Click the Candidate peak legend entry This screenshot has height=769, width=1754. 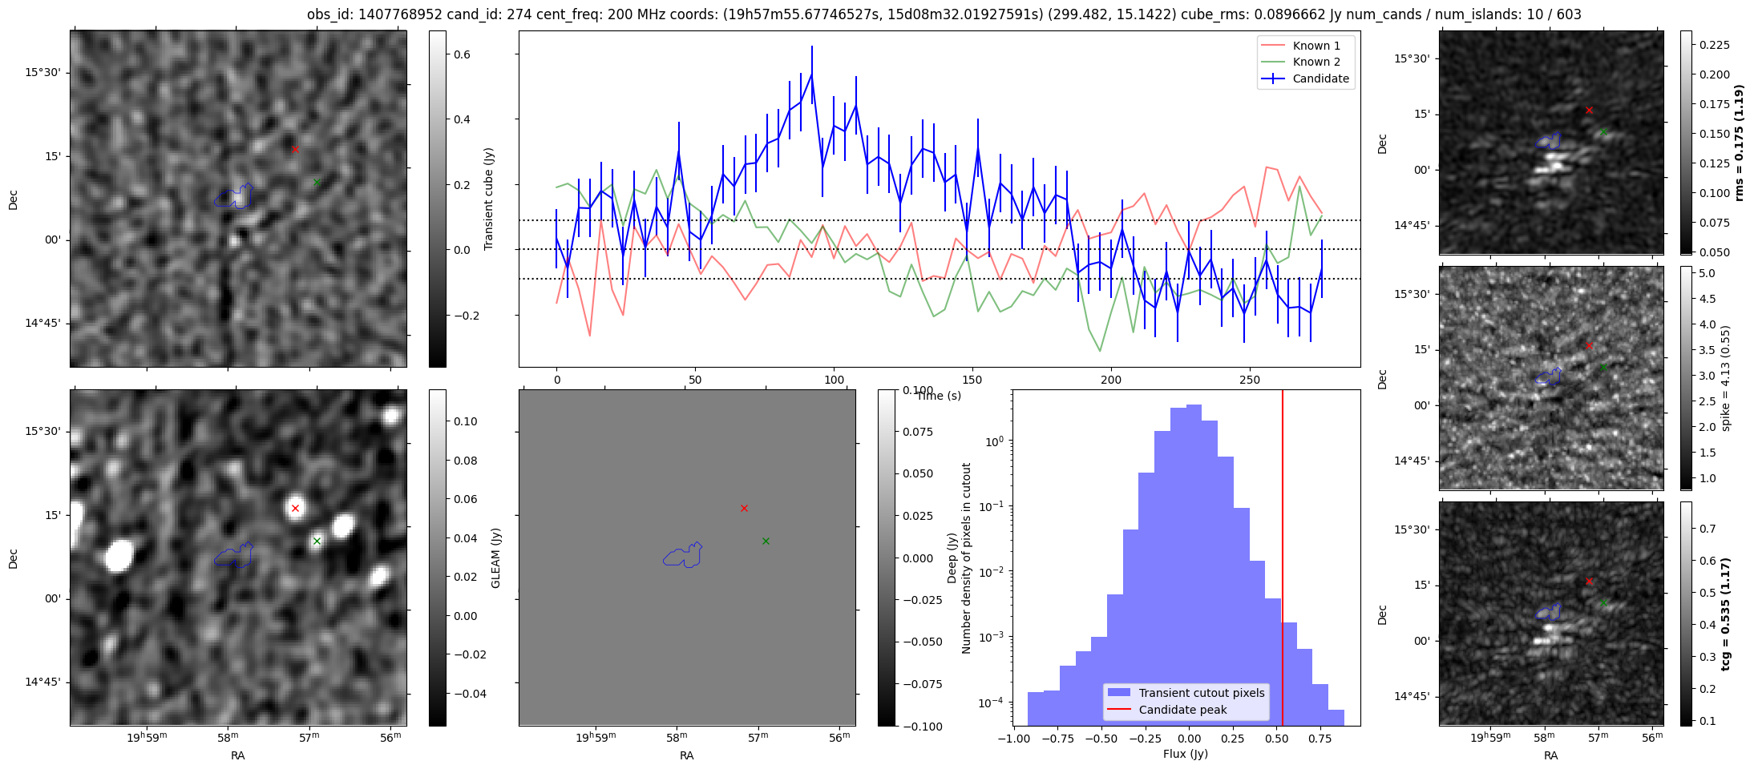pyautogui.click(x=1182, y=710)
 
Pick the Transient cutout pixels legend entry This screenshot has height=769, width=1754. pyautogui.click(x=1201, y=693)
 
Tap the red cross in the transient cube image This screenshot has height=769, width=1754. pyautogui.click(x=295, y=149)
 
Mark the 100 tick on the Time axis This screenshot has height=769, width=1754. pyautogui.click(x=835, y=380)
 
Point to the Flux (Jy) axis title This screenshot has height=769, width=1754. pyautogui.click(x=1186, y=754)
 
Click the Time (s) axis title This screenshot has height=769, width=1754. pyautogui.click(x=939, y=396)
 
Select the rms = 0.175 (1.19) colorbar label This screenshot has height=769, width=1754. pyautogui.click(x=1739, y=143)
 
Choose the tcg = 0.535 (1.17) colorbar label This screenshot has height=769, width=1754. pyautogui.click(x=1726, y=614)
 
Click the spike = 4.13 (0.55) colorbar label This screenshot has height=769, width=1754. pyautogui.click(x=1726, y=378)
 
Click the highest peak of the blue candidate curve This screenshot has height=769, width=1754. pyautogui.click(x=811, y=74)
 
